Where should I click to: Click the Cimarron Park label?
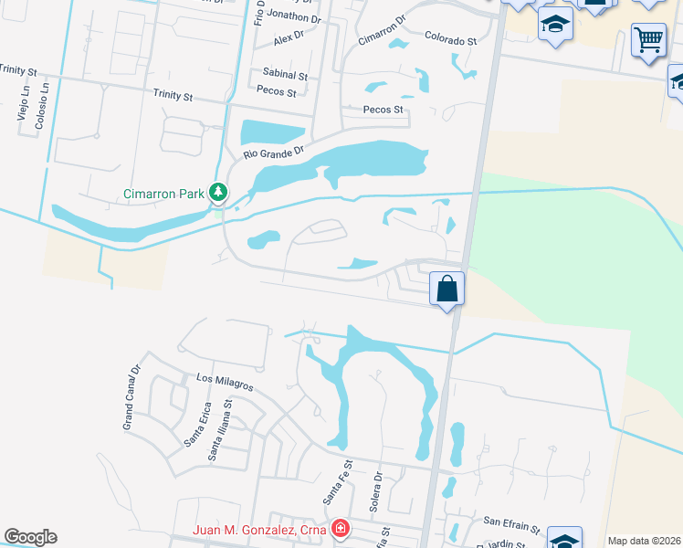pyautogui.click(x=164, y=194)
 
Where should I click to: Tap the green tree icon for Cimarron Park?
pyautogui.click(x=217, y=193)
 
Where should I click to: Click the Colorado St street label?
pyautogui.click(x=450, y=41)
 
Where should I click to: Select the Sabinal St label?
pyautogui.click(x=285, y=75)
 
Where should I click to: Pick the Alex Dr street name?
pyautogui.click(x=288, y=37)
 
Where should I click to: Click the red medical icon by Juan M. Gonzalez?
pyautogui.click(x=340, y=529)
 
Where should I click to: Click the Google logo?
pyautogui.click(x=30, y=537)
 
